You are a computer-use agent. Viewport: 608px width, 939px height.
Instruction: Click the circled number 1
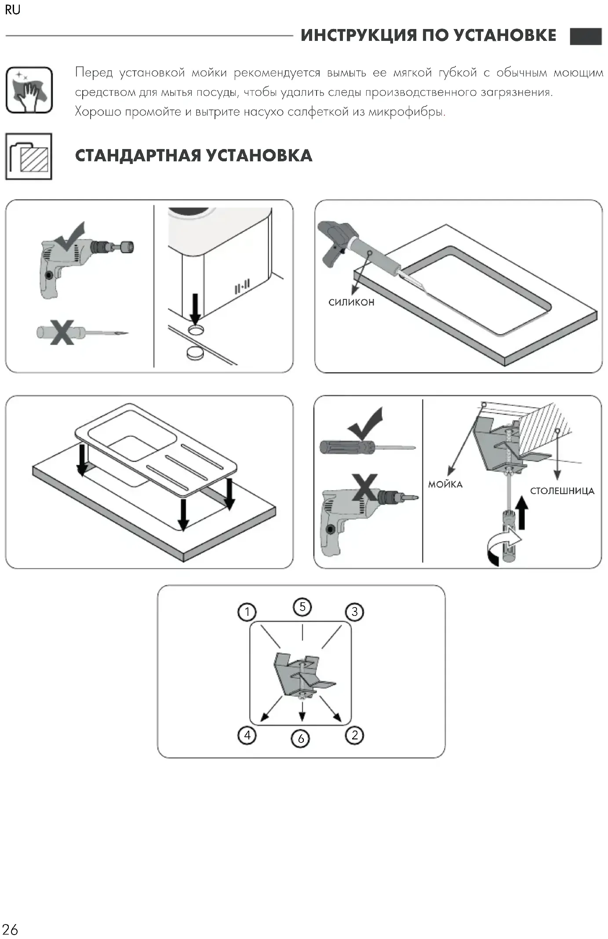pyautogui.click(x=247, y=611)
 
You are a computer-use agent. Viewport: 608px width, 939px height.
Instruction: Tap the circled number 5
pyautogui.click(x=302, y=607)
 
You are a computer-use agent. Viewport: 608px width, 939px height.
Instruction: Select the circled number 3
pyautogui.click(x=355, y=611)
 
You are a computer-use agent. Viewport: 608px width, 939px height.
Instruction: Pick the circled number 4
pyautogui.click(x=247, y=735)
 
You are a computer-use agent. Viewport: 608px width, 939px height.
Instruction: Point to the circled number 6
pyautogui.click(x=301, y=739)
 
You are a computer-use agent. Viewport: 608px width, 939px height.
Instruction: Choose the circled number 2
pyautogui.click(x=355, y=735)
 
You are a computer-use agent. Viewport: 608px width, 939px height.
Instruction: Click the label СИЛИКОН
pyautogui.click(x=351, y=302)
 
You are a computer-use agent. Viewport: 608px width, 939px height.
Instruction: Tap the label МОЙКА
pyautogui.click(x=445, y=484)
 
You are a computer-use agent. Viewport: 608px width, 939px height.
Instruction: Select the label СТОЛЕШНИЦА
pyautogui.click(x=562, y=491)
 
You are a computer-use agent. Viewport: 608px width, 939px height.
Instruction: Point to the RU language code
pyautogui.click(x=13, y=10)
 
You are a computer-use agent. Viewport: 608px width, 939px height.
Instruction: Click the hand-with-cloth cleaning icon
pyautogui.click(x=29, y=90)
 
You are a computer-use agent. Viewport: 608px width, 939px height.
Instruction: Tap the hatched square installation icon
pyautogui.click(x=29, y=156)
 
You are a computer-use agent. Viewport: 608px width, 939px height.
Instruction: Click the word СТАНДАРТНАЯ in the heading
pyautogui.click(x=137, y=156)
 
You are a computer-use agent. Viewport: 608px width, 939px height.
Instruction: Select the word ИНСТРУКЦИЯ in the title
pyautogui.click(x=358, y=35)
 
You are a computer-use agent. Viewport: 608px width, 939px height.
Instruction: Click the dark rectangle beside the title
pyautogui.click(x=586, y=36)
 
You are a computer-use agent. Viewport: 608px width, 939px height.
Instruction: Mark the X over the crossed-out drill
pyautogui.click(x=364, y=487)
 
